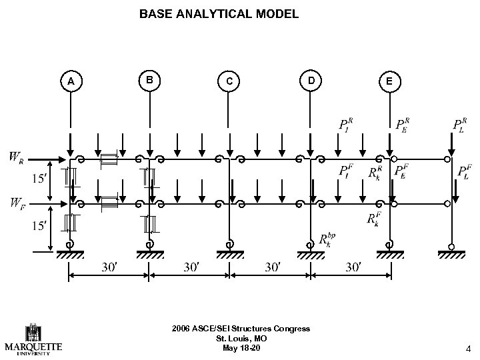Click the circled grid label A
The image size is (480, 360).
point(70,81)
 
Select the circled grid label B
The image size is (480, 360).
point(151,80)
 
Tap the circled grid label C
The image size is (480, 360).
point(229,81)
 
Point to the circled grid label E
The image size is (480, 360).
point(390,81)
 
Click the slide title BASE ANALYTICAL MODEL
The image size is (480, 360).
point(219,13)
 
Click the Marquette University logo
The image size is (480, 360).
point(33,341)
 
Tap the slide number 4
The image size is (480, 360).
point(469,347)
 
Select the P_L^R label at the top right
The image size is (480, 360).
point(460,125)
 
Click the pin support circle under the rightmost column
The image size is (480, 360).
point(451,247)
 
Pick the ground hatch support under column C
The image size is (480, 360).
point(230,255)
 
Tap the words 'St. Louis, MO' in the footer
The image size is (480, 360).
point(241,339)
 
